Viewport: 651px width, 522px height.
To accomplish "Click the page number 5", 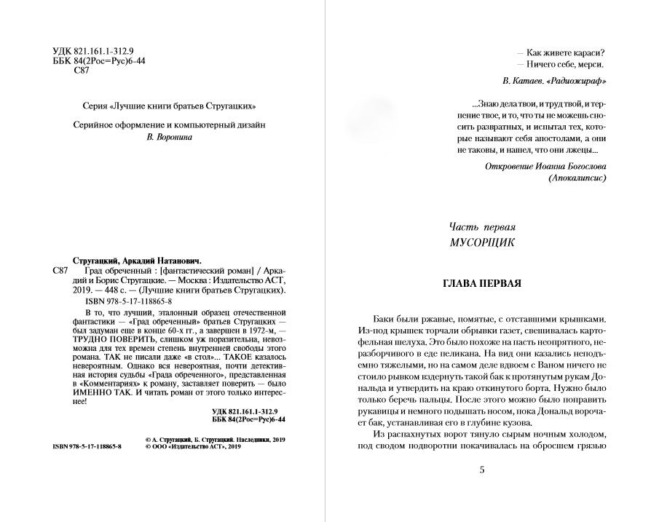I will click(482, 470).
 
